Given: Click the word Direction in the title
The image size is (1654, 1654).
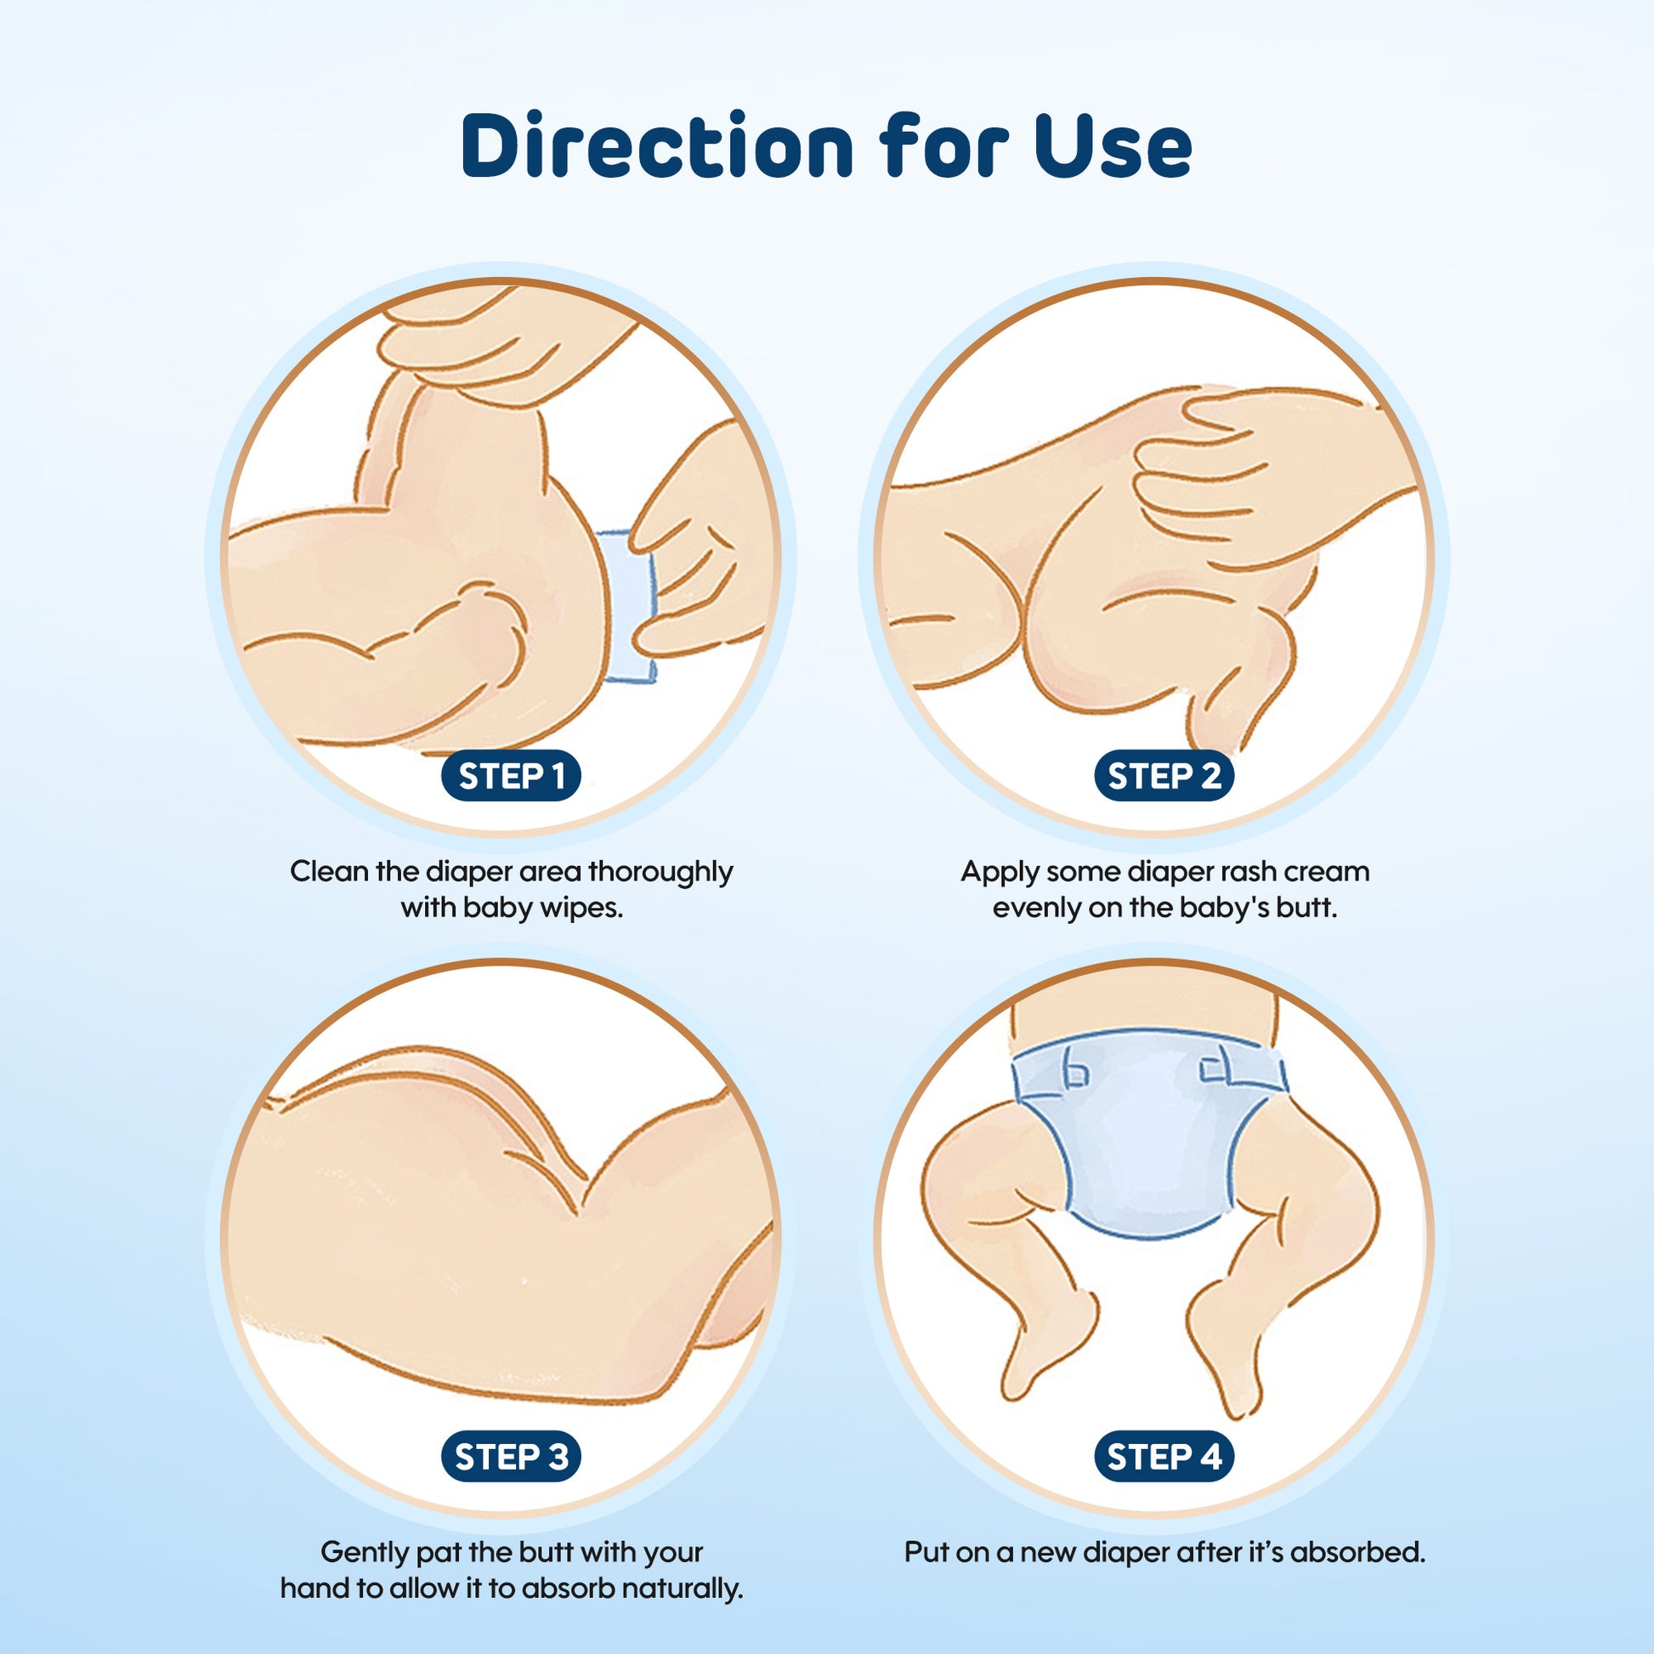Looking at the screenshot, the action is pos(658,144).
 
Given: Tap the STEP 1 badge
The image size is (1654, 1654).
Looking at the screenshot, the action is pos(511,777).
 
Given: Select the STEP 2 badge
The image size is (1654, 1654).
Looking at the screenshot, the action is pos(1164,777).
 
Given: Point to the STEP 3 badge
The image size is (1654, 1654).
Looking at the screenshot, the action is pos(511,1456).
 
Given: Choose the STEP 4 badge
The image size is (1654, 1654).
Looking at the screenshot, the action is pos(1164,1456).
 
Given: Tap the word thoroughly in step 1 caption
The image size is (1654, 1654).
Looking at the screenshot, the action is pos(660,872).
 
